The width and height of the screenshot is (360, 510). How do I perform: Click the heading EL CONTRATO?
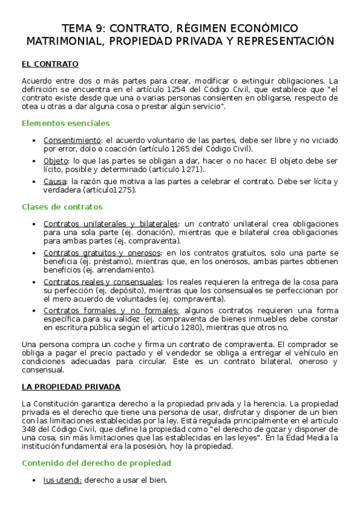click(x=49, y=64)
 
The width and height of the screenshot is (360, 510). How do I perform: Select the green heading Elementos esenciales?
click(x=66, y=123)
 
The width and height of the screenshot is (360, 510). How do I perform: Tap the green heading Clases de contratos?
click(x=62, y=207)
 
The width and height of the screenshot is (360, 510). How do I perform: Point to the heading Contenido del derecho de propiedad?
click(x=96, y=463)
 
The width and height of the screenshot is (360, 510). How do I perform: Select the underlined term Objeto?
click(x=56, y=161)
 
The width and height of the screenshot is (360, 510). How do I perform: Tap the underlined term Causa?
click(x=55, y=182)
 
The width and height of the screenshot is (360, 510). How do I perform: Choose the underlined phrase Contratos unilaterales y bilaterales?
click(x=111, y=224)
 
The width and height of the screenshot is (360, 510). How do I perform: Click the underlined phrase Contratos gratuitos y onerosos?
click(x=102, y=253)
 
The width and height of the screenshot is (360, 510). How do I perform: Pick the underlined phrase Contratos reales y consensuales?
click(x=103, y=281)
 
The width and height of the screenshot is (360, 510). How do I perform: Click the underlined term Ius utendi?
click(x=63, y=480)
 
